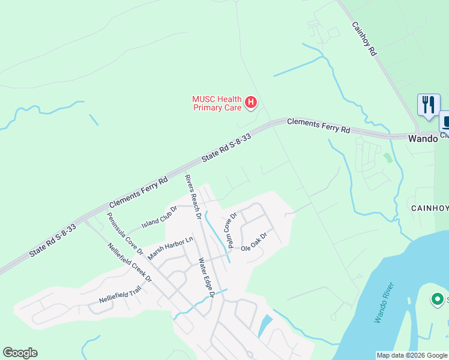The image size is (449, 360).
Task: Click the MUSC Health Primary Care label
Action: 217,103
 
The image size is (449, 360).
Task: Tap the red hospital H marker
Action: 251,103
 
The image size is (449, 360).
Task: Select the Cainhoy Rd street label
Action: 364,39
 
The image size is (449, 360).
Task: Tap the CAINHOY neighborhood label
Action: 430,208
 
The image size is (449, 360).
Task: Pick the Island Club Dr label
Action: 159,217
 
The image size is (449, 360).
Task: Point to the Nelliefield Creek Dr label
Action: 128,262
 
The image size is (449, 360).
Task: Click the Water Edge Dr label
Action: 206,278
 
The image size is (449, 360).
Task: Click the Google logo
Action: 20,353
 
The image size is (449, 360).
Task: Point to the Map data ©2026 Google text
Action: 412,355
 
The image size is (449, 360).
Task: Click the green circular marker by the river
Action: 438,299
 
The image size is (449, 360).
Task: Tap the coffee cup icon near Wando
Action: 445,122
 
